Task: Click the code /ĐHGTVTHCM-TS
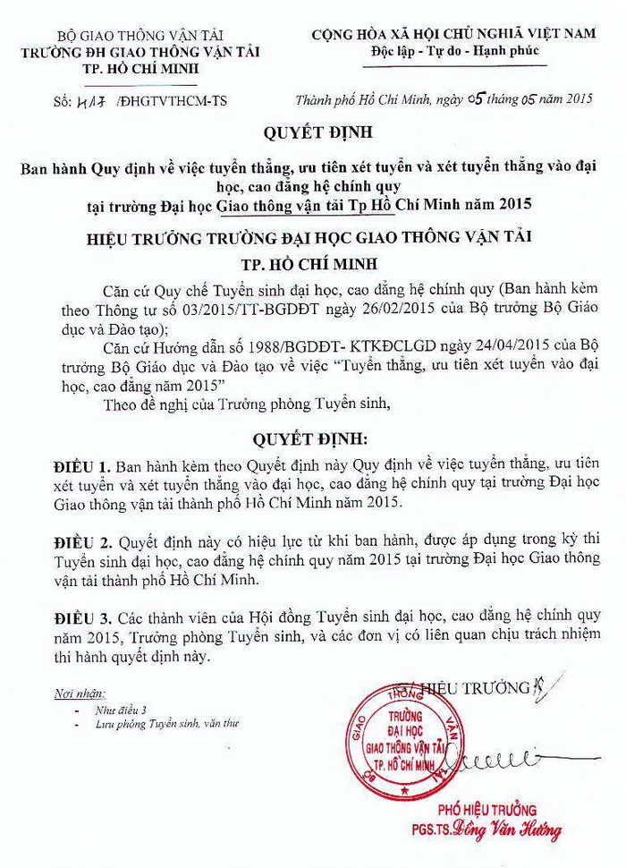click(x=169, y=103)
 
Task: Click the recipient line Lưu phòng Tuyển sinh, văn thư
click(x=156, y=723)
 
